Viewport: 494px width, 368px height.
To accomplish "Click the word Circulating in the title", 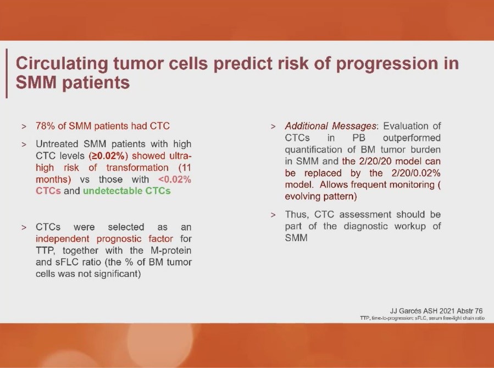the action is click(62, 63).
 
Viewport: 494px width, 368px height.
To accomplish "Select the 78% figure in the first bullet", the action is click(46, 126).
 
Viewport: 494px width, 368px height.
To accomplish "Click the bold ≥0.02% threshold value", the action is click(108, 156).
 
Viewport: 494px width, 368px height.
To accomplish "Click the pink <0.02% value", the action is click(175, 179).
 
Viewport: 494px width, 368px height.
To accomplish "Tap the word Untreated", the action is click(57, 144).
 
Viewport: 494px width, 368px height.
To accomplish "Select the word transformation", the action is click(137, 168).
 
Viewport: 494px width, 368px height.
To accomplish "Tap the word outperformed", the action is click(412, 138).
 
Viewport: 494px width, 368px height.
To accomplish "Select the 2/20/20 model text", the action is click(391, 161).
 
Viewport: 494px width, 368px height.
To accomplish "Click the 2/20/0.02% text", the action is click(416, 173).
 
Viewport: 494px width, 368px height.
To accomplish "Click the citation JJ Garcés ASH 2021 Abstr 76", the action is click(436, 311).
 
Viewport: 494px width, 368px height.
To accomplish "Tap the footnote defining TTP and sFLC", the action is click(422, 318).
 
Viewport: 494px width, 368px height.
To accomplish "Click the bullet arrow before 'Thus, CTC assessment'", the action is click(273, 215).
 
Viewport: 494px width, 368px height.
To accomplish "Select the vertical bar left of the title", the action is click(6, 74).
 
